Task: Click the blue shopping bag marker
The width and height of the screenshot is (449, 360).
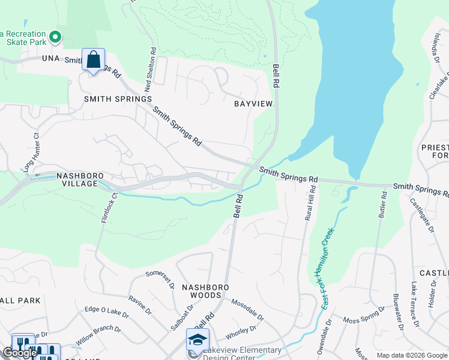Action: (93, 60)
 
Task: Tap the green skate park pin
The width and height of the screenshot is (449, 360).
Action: (55, 38)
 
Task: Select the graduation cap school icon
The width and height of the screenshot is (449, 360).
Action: (197, 339)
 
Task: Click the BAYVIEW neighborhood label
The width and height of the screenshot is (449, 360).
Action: (253, 104)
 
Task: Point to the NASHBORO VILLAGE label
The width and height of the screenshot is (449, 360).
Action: (77, 179)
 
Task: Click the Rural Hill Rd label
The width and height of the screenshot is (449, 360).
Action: (309, 203)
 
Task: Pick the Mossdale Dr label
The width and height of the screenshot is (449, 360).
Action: (247, 310)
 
